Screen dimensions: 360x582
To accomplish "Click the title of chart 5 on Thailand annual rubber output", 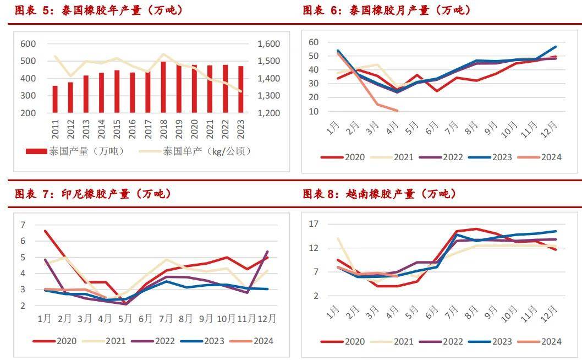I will point(99,10).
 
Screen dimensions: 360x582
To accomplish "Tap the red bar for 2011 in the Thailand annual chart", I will point(55,99).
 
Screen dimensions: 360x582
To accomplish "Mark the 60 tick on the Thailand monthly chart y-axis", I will point(314,42).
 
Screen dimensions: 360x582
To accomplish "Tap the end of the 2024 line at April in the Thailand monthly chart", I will point(397,111).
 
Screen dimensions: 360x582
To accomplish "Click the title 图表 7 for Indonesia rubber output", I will point(93,194).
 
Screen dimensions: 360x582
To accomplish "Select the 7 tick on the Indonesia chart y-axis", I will point(23,225).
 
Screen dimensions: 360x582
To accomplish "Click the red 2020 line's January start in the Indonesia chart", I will point(45,231).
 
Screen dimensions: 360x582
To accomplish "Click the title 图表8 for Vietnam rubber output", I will point(380,194).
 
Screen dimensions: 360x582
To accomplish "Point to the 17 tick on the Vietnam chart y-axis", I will point(314,224).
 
